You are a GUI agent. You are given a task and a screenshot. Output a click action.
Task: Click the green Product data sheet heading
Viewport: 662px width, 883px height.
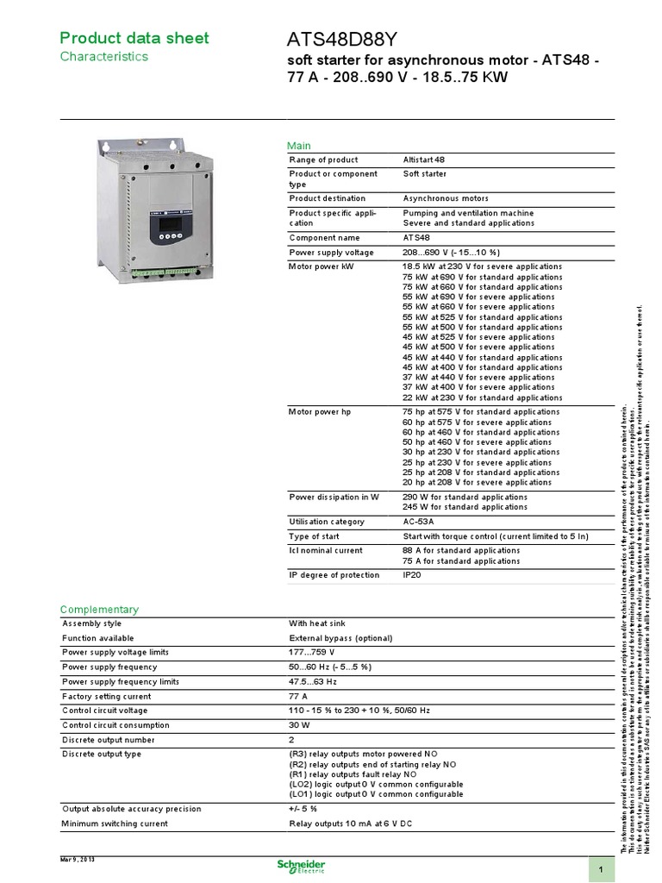click(x=134, y=38)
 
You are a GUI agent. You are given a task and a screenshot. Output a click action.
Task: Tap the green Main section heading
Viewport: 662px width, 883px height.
click(x=298, y=146)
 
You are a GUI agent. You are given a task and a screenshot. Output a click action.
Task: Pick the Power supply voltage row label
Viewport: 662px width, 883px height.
click(x=331, y=253)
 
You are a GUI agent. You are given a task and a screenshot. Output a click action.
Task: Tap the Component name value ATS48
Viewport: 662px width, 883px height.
click(x=416, y=237)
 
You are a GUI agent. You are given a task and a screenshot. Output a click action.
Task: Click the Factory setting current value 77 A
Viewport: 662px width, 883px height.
click(x=297, y=696)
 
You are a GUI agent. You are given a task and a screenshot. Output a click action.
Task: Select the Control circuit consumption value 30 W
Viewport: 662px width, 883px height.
click(x=299, y=725)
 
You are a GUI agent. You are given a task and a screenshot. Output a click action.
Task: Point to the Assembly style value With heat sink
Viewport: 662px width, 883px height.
click(x=320, y=623)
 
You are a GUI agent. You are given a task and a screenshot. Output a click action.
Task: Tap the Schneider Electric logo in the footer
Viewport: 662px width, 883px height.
click(x=301, y=866)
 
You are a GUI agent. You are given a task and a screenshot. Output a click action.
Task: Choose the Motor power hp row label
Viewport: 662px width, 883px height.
click(x=320, y=412)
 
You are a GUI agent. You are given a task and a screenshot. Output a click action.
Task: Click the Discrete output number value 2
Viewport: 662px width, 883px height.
click(x=292, y=740)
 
